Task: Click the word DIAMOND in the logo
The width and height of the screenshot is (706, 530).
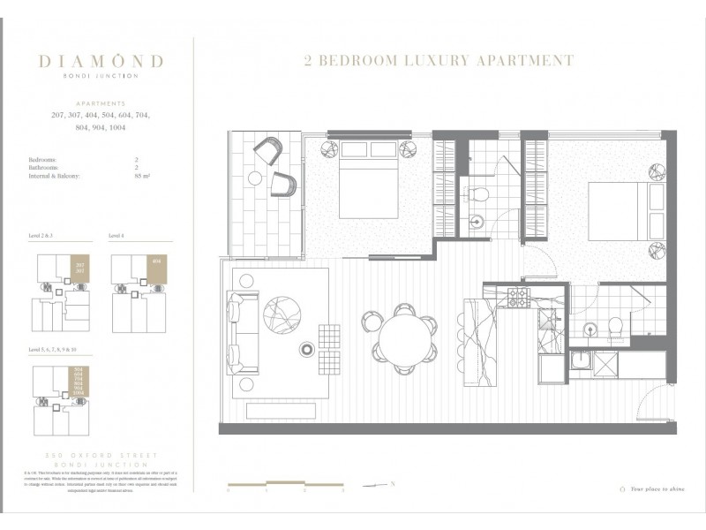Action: click(101, 61)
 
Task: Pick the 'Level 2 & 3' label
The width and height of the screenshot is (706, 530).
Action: click(42, 237)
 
